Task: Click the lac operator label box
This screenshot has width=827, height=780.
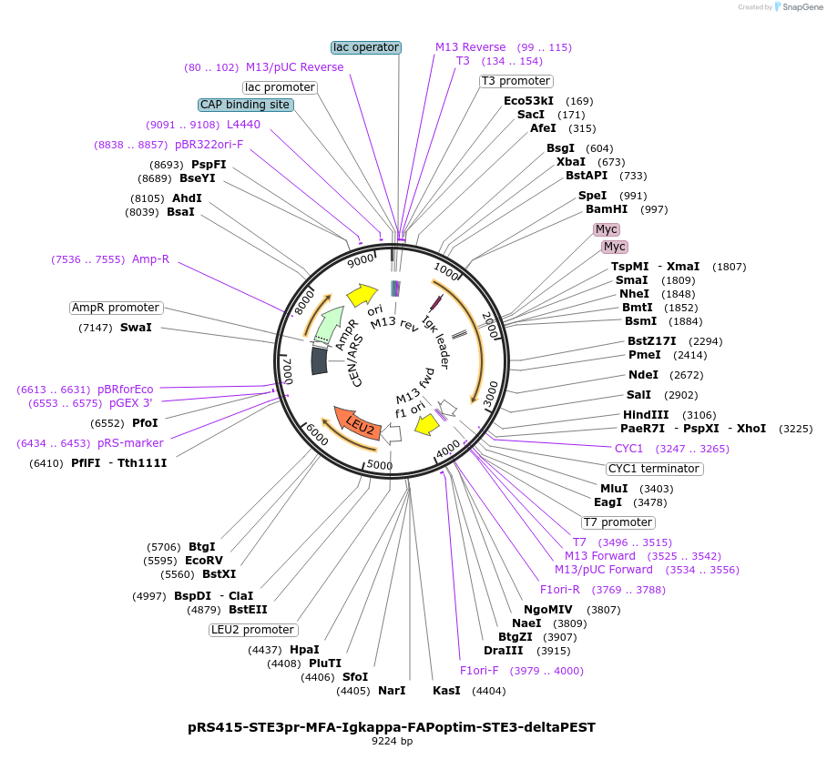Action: (x=365, y=47)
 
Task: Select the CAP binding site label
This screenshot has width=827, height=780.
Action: (x=245, y=105)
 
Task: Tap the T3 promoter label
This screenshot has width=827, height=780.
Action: (x=516, y=81)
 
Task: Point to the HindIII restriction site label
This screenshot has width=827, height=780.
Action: (x=647, y=415)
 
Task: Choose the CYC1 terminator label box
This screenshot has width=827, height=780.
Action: (x=654, y=469)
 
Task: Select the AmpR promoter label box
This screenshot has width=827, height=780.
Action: (x=117, y=308)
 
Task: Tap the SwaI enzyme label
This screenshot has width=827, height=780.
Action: (x=136, y=328)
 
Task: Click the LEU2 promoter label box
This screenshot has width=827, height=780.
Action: (x=253, y=630)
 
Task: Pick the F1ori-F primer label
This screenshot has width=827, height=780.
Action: (x=479, y=671)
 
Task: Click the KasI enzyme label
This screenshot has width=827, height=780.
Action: (x=446, y=691)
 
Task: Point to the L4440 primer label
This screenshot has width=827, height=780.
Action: (x=243, y=125)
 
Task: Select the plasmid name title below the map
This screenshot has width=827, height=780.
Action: (x=392, y=727)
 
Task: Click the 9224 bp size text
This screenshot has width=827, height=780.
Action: (x=392, y=742)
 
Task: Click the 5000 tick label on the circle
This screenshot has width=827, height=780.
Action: (x=380, y=465)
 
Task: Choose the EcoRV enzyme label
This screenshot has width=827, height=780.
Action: (x=204, y=561)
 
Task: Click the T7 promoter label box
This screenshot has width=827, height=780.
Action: (x=618, y=522)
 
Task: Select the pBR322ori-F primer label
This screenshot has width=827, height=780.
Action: (x=209, y=145)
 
